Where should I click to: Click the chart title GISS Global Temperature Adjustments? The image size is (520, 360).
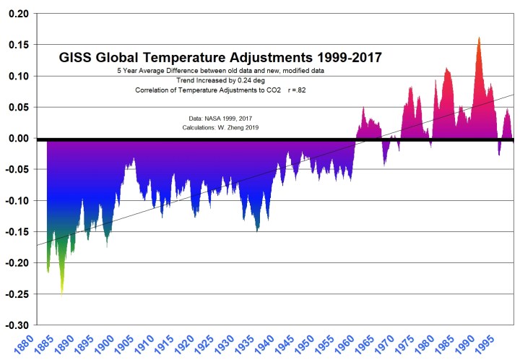[220, 56]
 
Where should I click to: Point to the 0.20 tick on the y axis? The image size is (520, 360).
[17, 14]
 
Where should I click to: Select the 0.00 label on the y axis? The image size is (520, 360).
[17, 139]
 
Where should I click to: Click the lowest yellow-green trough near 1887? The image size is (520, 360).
[61, 292]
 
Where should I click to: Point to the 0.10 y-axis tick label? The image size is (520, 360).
[17, 77]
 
